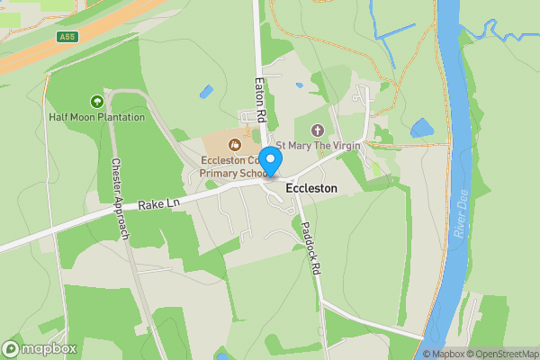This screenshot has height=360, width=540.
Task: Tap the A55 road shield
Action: pyautogui.click(x=66, y=37)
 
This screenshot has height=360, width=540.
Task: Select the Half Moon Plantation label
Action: pyautogui.click(x=97, y=117)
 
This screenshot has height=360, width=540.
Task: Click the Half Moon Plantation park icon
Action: pyautogui.click(x=97, y=102)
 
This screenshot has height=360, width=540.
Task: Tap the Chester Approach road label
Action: pyautogui.click(x=120, y=200)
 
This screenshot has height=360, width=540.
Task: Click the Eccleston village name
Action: pyautogui.click(x=311, y=189)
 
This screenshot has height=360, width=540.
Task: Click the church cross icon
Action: pyautogui.click(x=316, y=130)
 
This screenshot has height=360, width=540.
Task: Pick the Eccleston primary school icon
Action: pyautogui.click(x=235, y=143)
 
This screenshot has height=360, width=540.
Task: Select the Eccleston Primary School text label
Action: pyautogui.click(x=232, y=166)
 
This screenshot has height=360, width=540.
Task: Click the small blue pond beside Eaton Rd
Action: pyautogui.click(x=207, y=92)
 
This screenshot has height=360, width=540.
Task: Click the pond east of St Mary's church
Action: pyautogui.click(x=421, y=129)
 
